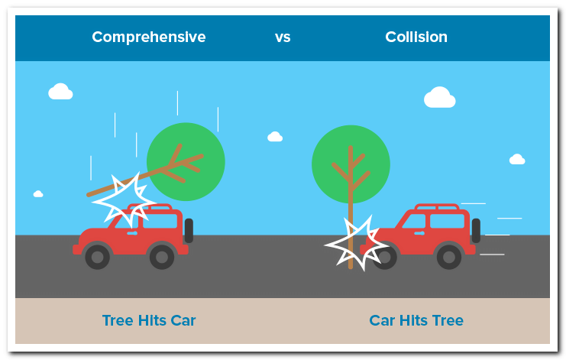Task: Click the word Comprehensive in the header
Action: [149, 37]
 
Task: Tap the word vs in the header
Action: [283, 37]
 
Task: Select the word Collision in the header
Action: [416, 37]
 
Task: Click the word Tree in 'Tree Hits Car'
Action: [118, 320]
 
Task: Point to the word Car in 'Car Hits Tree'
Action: [382, 320]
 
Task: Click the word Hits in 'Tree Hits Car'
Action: [152, 320]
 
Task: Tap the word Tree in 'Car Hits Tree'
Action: [448, 320]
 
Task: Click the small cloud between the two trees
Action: [275, 137]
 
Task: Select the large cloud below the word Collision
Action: [440, 98]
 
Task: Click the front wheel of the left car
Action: [98, 257]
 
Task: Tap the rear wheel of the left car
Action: [162, 257]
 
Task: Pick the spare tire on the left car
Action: [189, 231]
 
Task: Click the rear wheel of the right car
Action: [449, 257]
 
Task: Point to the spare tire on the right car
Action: [476, 230]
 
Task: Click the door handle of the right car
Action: [419, 233]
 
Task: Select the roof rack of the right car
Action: [437, 207]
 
